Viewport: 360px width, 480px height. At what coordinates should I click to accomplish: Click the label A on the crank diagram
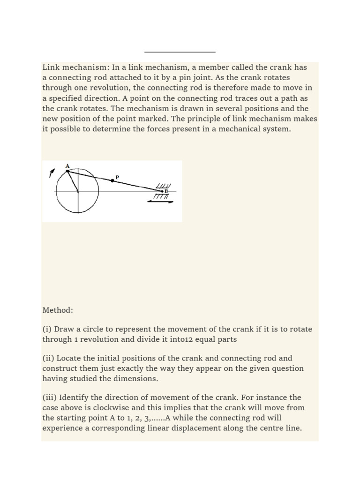[x=67, y=166]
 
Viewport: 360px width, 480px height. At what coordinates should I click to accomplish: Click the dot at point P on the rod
[x=112, y=180]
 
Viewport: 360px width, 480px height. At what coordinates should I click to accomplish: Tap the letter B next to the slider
[x=166, y=191]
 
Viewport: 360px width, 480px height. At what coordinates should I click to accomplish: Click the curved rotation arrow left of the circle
[x=51, y=173]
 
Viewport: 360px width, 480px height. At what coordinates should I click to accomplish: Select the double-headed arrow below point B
[x=161, y=201]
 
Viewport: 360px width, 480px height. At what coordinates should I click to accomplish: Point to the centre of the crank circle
[x=78, y=192]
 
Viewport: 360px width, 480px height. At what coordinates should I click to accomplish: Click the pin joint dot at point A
[x=67, y=171]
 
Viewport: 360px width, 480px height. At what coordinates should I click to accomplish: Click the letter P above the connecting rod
[x=117, y=177]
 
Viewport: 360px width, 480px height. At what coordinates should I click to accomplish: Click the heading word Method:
[x=58, y=310]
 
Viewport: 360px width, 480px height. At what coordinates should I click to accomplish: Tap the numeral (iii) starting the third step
[x=49, y=397]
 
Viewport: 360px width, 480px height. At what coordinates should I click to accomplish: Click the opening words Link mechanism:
[x=76, y=67]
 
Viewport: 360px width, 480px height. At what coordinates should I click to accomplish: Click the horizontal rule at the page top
[x=180, y=52]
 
